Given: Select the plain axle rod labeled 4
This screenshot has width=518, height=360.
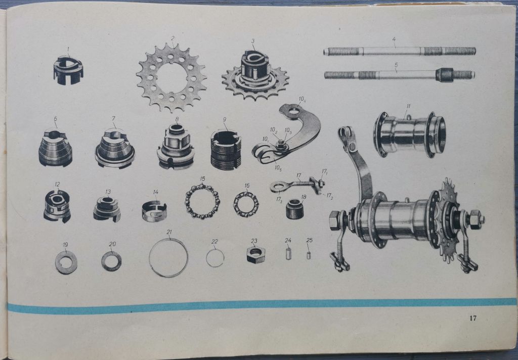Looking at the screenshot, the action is pos(400,51).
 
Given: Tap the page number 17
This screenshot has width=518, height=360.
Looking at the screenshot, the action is pos(473,318).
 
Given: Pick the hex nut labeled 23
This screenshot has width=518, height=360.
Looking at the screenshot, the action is pos(255,255).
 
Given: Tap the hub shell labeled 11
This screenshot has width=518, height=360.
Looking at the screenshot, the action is pos(410,135).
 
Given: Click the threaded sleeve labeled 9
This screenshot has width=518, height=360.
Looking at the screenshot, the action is pos(226,150).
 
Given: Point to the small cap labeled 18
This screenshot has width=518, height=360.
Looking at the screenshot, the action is pos(295,209).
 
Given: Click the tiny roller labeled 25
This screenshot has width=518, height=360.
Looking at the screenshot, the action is pos(309,255).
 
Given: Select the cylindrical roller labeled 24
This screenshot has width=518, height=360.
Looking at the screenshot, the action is pos(288,254).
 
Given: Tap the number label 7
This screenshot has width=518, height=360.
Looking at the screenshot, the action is pos(114,118).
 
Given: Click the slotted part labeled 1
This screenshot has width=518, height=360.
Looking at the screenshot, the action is pos(68,70).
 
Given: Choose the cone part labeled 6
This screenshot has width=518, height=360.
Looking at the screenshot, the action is pos(55,149).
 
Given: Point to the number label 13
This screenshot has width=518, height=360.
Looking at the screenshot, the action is pos(108,192).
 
